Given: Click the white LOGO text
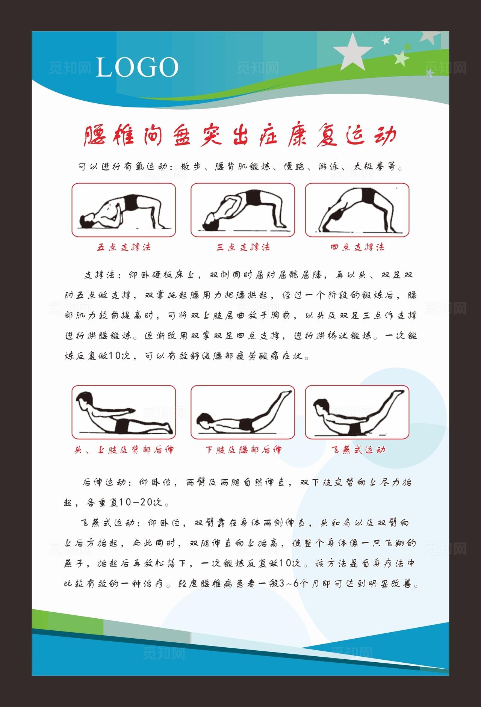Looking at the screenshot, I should click(x=137, y=67).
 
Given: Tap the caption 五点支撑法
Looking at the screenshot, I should click(x=124, y=247).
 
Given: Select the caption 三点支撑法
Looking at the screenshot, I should click(x=243, y=247).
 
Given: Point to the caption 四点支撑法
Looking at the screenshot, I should click(x=357, y=247).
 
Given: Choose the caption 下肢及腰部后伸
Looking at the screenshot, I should click(x=243, y=450).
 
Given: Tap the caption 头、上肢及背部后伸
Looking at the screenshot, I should click(x=124, y=450).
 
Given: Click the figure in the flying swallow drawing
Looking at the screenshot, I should click(x=357, y=413).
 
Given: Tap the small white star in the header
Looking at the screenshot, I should click(x=386, y=40).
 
